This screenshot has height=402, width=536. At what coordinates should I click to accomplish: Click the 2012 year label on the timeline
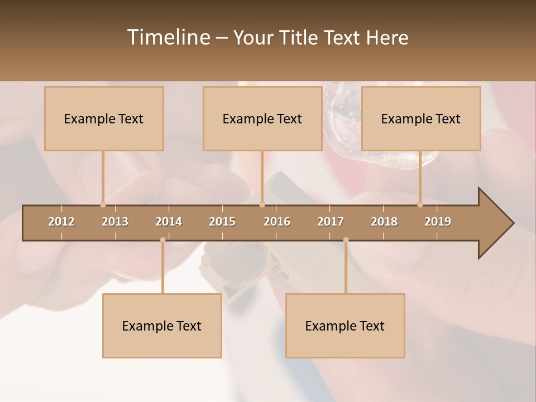click(61, 222)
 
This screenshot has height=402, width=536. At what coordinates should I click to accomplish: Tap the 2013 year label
click(115, 222)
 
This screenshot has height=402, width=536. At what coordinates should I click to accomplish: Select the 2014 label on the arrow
click(169, 222)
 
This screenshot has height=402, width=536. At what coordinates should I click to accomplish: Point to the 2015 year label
click(222, 222)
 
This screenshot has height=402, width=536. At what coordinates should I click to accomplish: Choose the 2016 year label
click(277, 222)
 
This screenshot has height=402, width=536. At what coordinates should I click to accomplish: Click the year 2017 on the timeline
click(331, 222)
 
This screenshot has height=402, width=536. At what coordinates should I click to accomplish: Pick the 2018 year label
click(384, 222)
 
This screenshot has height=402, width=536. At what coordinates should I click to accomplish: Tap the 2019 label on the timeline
click(438, 222)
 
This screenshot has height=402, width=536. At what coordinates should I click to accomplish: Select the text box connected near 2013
click(104, 118)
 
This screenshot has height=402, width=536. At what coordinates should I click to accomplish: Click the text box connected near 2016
click(262, 118)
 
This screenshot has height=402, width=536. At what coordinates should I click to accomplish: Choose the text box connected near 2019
click(421, 118)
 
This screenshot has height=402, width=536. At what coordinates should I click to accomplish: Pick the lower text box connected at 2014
click(162, 326)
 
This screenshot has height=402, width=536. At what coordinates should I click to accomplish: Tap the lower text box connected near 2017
click(345, 326)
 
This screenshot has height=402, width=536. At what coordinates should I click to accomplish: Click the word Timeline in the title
click(168, 37)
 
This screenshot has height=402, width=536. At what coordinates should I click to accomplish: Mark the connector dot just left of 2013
click(103, 205)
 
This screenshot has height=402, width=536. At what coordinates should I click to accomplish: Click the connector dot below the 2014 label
click(162, 240)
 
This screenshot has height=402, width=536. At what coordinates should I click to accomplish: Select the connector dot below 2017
click(346, 240)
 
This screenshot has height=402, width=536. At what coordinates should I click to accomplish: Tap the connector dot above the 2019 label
click(420, 205)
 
